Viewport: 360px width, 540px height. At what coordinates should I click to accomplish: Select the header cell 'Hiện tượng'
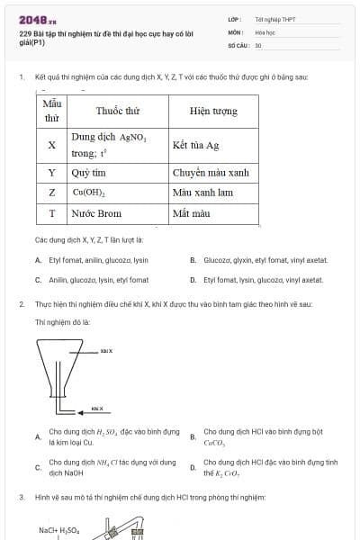pos(213,111)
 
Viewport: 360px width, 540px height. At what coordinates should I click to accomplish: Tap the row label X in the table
pos(51,144)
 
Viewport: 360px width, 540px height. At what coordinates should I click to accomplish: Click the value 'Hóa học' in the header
pos(265,31)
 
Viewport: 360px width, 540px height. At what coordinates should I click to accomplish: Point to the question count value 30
pos(258,44)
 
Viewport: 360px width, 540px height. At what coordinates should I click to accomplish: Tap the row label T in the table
pos(51,213)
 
